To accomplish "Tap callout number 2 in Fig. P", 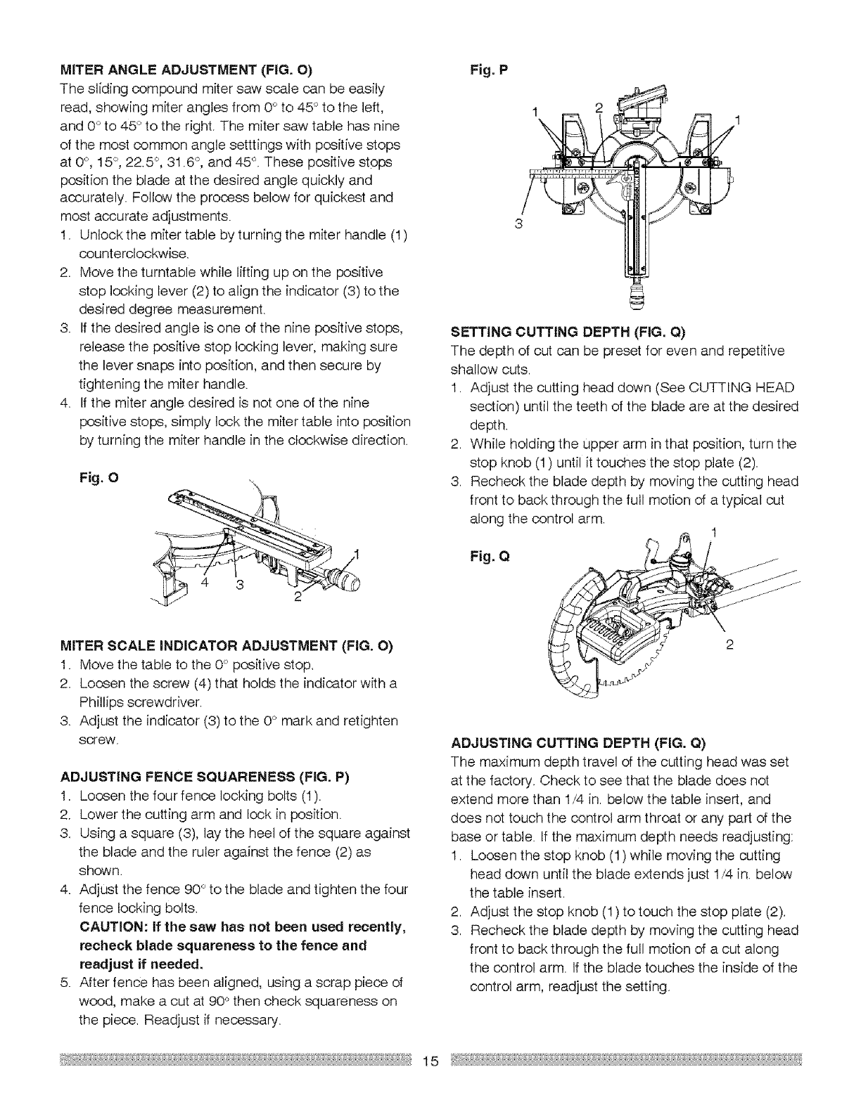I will click(x=599, y=108).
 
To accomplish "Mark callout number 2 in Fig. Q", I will click(x=729, y=647).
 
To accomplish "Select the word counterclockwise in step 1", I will click(x=126, y=253).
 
